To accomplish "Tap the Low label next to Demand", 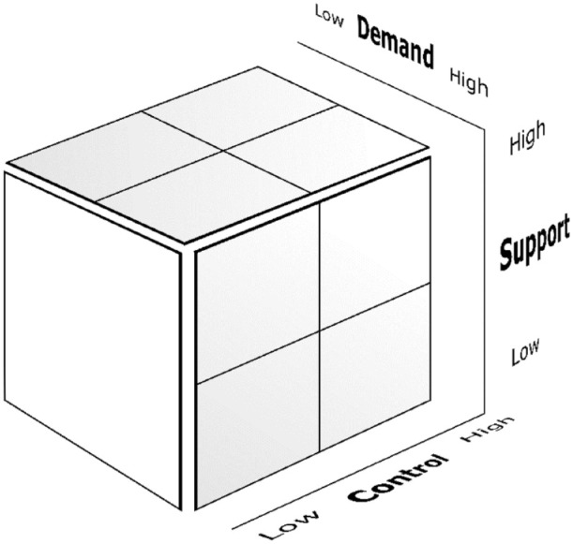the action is coord(330,13).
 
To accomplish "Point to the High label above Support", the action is coord(526,141).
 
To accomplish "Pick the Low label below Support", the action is coord(525,354).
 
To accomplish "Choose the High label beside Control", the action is coord(488,430).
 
